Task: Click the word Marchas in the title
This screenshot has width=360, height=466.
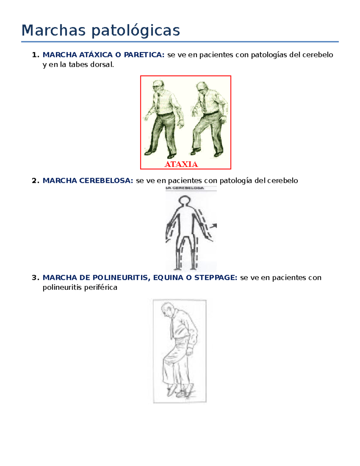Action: coord(53,30)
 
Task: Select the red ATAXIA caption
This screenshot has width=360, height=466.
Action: coord(181,164)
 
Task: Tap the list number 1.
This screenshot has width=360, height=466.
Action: coord(35,55)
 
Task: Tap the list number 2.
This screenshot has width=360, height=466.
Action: coord(35,181)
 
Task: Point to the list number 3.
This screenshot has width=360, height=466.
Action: coord(35,278)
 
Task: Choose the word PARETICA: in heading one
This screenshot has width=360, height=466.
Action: coord(144,55)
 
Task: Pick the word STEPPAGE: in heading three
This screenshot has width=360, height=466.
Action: coord(216,278)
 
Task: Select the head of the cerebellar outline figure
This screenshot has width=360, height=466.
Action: coord(184,201)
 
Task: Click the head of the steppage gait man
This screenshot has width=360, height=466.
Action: coord(167,309)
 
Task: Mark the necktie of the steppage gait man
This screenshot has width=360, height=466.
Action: coord(172,329)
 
